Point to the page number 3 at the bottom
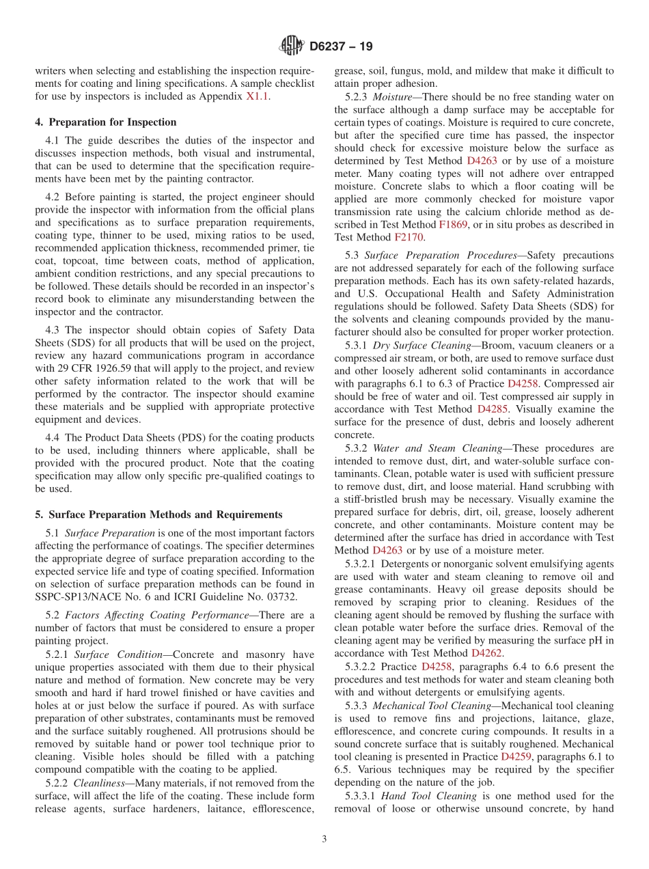pyautogui.click(x=324, y=839)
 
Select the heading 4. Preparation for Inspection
pyautogui.click(x=106, y=122)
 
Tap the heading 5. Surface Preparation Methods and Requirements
pyautogui.click(x=158, y=514)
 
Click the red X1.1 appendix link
pyautogui.click(x=257, y=96)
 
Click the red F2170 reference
pyautogui.click(x=409, y=237)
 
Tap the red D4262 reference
pyautogui.click(x=487, y=653)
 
